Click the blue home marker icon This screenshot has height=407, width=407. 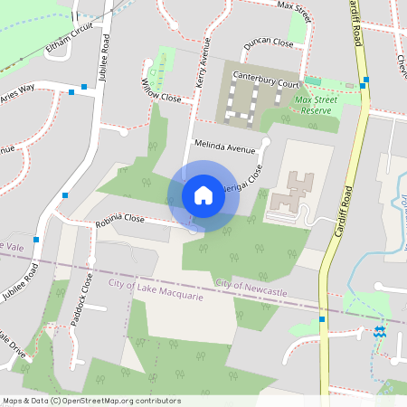pos(203,194)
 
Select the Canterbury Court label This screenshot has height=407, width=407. pos(266,79)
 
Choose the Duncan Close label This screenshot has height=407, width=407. pos(268,43)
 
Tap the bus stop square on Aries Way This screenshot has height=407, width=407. pos(71,92)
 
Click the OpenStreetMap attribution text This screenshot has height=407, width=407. pos(90,400)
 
